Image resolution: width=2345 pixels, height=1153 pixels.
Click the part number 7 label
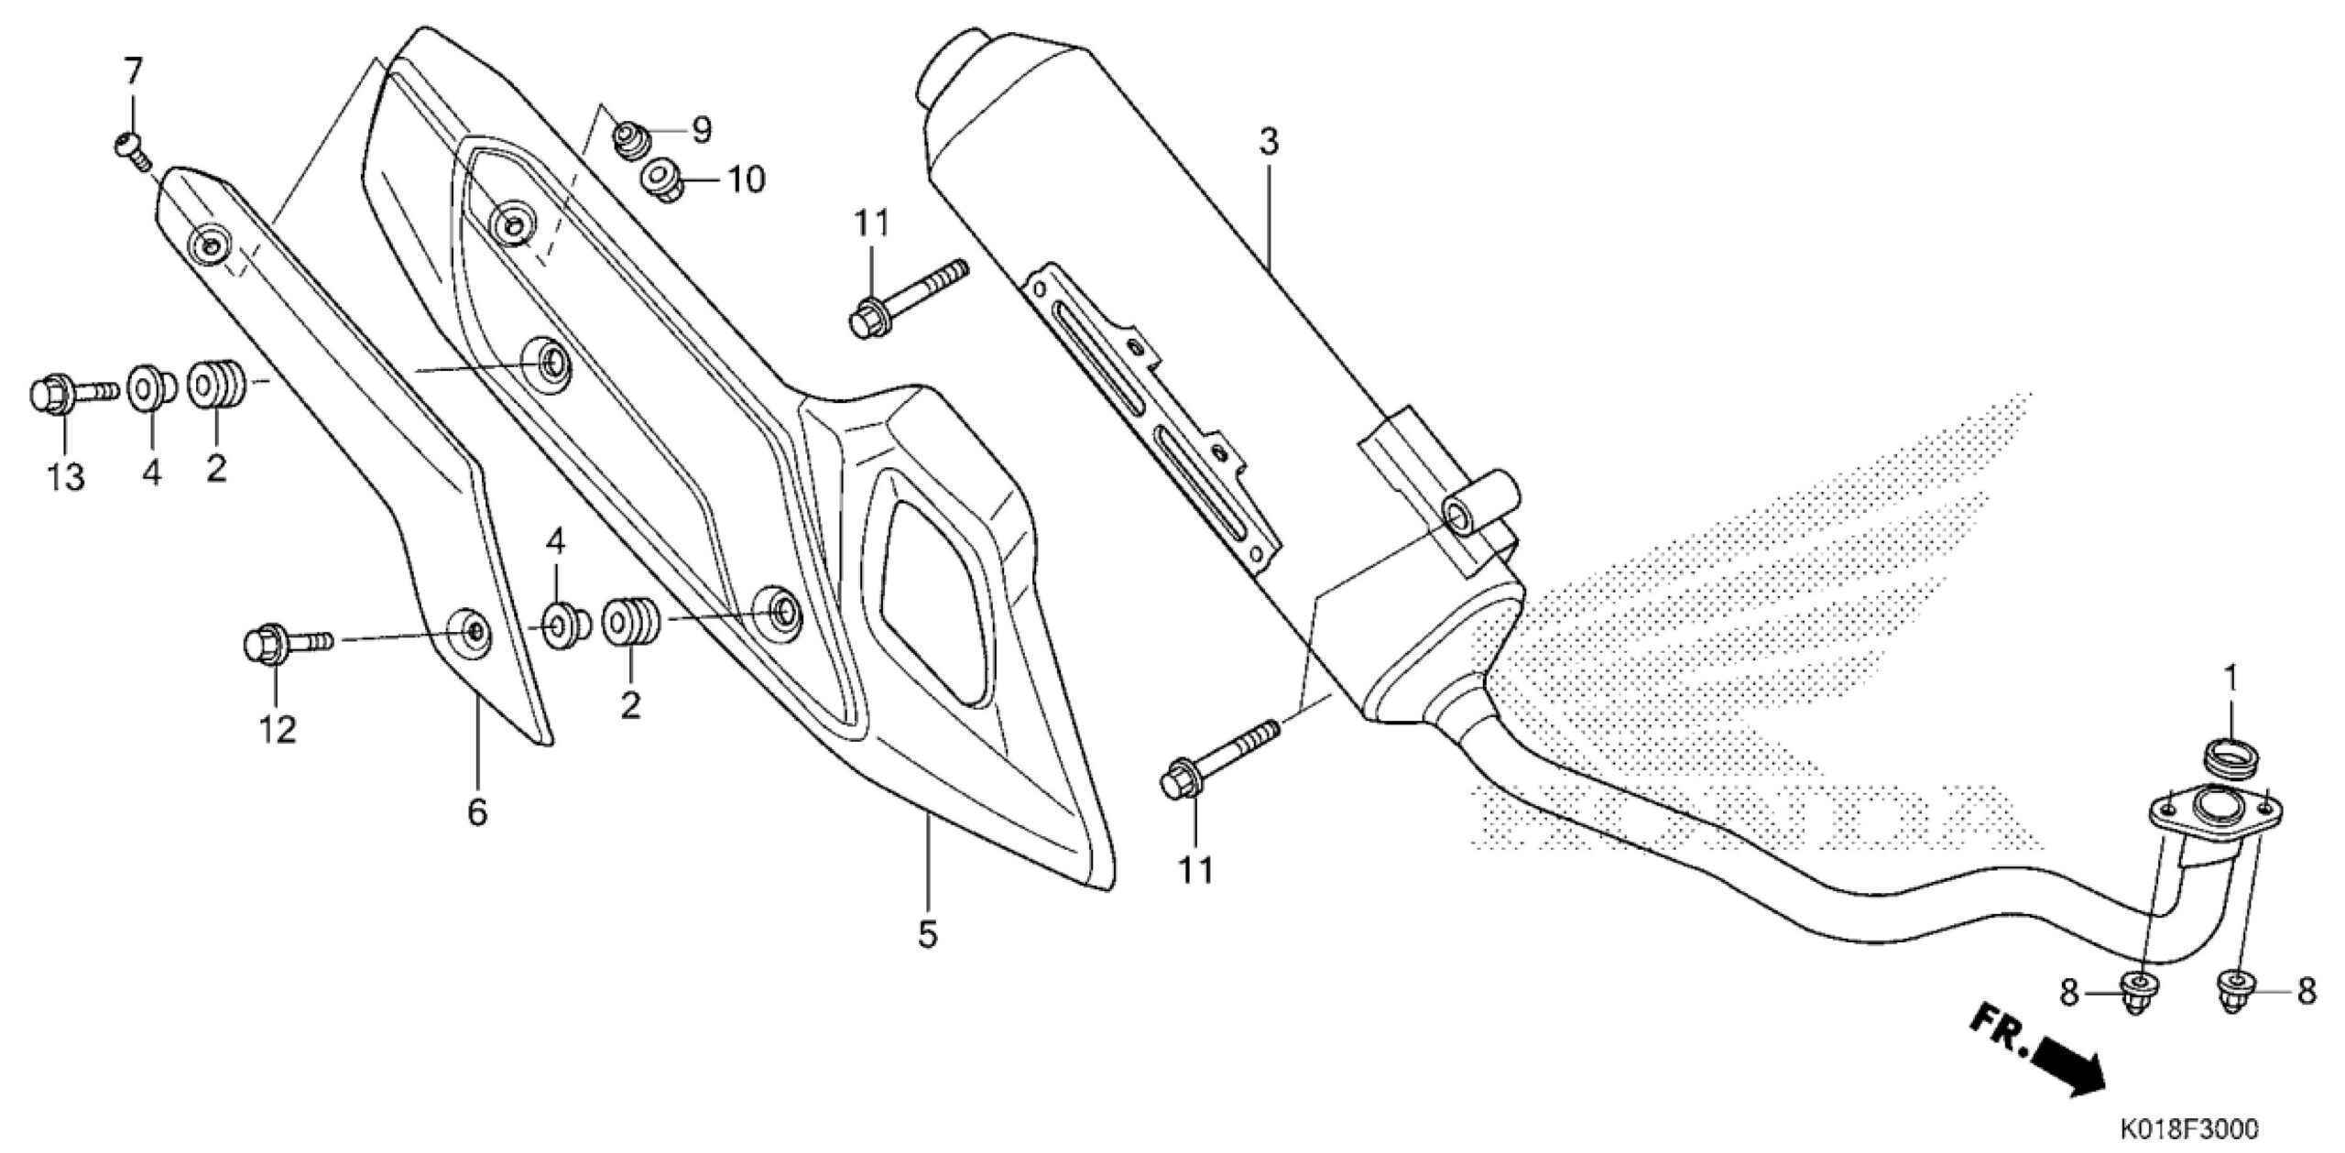(134, 71)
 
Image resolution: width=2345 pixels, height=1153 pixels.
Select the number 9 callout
(702, 130)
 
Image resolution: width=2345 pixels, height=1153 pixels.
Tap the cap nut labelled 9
(631, 138)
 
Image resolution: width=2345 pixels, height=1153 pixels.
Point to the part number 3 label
(1269, 142)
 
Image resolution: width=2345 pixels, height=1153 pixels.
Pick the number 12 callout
(278, 729)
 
